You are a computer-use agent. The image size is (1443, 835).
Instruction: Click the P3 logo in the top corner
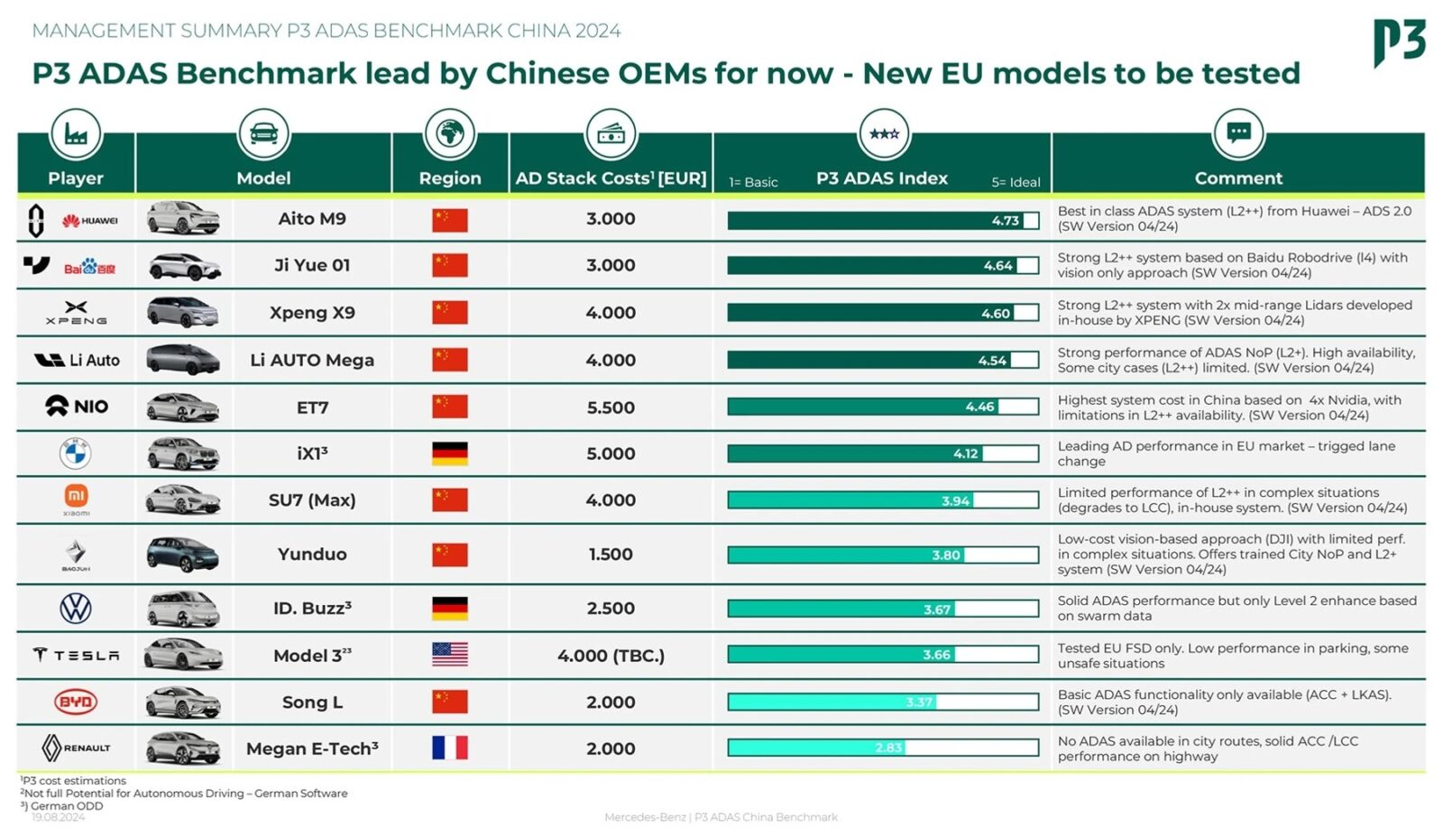pyautogui.click(x=1399, y=41)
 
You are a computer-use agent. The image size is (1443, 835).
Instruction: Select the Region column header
pyautogui.click(x=450, y=178)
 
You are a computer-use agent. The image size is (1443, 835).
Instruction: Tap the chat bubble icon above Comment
pyautogui.click(x=1238, y=133)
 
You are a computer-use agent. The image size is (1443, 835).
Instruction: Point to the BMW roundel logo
pyautogui.click(x=76, y=453)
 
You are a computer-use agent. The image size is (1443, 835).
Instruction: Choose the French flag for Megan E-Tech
pyautogui.click(x=449, y=748)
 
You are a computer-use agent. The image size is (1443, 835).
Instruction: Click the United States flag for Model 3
pyautogui.click(x=449, y=655)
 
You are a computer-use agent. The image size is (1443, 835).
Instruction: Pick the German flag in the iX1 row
pyautogui.click(x=449, y=454)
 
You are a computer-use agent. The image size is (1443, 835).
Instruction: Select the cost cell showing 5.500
pyautogui.click(x=611, y=408)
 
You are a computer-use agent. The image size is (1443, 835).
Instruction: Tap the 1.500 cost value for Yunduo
pyautogui.click(x=611, y=555)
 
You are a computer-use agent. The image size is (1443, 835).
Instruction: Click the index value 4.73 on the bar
pyautogui.click(x=1005, y=221)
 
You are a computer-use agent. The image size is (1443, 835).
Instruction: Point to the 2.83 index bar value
pyautogui.click(x=888, y=748)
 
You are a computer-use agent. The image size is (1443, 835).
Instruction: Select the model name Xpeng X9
pyautogui.click(x=312, y=313)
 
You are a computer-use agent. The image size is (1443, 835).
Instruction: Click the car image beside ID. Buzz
pyautogui.click(x=183, y=609)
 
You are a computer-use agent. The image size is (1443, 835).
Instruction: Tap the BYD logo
pyautogui.click(x=76, y=702)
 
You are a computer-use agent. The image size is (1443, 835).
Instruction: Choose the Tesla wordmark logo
pyautogui.click(x=77, y=656)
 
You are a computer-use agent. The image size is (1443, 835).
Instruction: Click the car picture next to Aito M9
pyautogui.click(x=183, y=219)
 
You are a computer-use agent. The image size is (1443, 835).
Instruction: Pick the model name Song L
pyautogui.click(x=312, y=702)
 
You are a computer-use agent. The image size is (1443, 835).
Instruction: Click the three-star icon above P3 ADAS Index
pyautogui.click(x=884, y=133)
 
